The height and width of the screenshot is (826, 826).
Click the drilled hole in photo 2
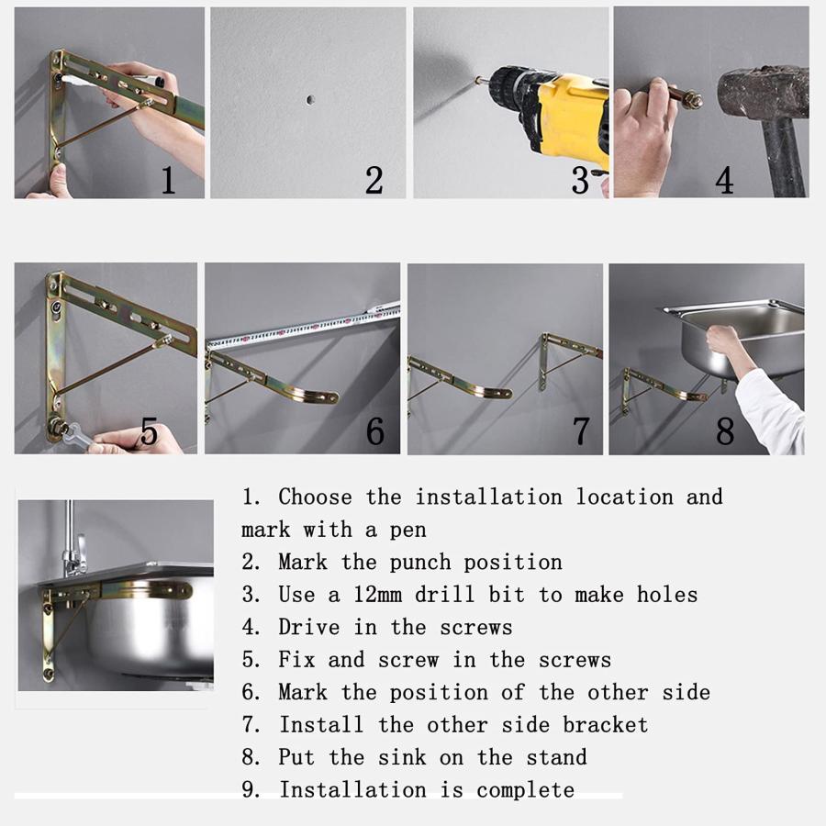(310, 99)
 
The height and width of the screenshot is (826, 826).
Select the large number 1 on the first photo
(168, 180)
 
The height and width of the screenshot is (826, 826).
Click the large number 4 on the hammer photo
(724, 180)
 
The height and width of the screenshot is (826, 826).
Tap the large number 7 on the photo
(581, 431)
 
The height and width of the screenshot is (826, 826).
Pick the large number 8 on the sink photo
(724, 431)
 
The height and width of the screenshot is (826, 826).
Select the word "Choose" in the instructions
(315, 497)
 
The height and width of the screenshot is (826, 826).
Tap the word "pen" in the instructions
(407, 530)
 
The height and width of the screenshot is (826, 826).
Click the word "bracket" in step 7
(606, 725)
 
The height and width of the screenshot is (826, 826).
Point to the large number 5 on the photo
(149, 431)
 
